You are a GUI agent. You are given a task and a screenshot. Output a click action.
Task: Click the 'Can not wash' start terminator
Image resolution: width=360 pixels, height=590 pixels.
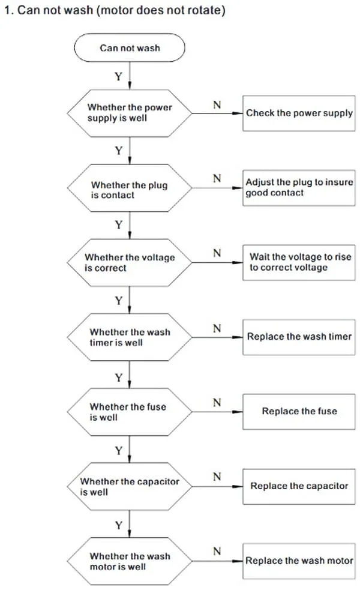pos(130,48)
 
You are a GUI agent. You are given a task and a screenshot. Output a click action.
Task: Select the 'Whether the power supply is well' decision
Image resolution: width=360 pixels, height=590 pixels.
pos(130,113)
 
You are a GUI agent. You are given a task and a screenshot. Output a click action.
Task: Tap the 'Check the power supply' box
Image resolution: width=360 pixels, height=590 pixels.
pos(299,113)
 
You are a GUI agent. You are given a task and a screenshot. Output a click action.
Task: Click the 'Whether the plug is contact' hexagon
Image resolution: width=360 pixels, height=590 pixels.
pos(130,188)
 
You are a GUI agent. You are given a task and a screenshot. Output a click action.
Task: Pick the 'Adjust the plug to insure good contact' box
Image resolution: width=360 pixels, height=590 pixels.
pos(299,188)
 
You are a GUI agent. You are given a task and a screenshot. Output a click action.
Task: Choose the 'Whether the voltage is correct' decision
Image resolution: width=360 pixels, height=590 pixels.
pos(130,263)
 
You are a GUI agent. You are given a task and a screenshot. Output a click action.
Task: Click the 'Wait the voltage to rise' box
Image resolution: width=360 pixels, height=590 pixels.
pos(299,262)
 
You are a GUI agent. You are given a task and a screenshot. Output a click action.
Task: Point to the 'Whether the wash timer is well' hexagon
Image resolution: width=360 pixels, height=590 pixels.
pos(130,337)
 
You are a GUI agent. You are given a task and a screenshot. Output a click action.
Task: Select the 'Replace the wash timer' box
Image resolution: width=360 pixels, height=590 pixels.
pos(299,337)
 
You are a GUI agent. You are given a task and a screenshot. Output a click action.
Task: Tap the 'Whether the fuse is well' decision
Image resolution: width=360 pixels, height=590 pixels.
pos(130,412)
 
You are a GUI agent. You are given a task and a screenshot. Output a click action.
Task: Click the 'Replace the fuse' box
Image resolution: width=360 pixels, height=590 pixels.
pos(299,412)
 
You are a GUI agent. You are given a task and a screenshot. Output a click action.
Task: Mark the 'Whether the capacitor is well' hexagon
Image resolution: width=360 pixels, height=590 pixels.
pos(130,487)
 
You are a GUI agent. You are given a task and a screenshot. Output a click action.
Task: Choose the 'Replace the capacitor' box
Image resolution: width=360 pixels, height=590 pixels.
pos(299,487)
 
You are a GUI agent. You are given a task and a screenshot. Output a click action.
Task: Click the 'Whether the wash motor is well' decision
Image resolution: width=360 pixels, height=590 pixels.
pos(130,561)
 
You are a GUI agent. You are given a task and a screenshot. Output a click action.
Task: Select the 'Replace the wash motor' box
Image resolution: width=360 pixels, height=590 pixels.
pos(299,561)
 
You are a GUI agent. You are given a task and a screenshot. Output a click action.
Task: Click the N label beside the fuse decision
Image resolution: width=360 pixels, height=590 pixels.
pos(217,403)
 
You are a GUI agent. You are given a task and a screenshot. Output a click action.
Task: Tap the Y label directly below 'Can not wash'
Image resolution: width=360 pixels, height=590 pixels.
pos(119,76)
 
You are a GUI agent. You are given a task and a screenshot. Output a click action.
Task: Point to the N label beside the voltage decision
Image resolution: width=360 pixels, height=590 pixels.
pos(217,253)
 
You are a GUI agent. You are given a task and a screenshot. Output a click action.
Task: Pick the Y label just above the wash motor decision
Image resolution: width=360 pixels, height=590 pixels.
pos(119,525)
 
